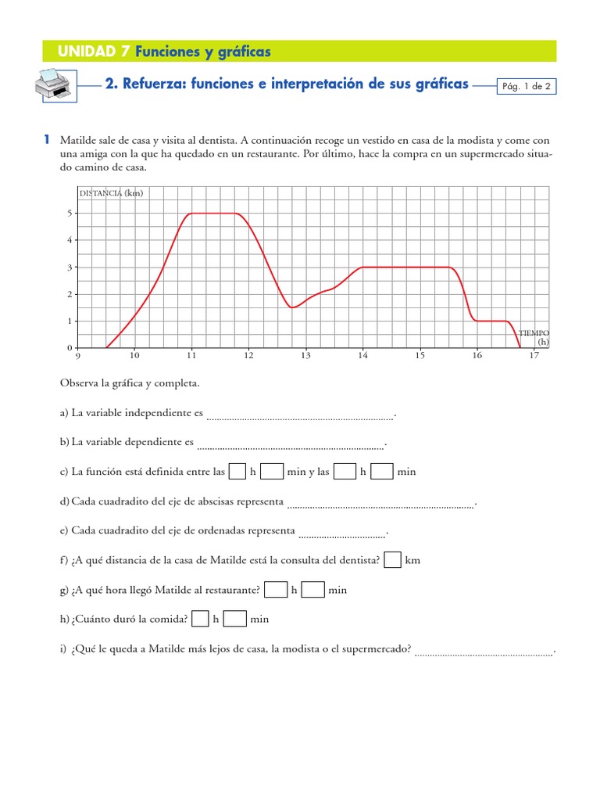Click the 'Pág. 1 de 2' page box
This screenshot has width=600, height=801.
[x=527, y=87]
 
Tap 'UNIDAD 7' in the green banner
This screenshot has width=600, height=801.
[x=94, y=52]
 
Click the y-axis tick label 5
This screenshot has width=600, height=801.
[x=70, y=213]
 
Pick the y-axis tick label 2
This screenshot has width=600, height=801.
[x=70, y=294]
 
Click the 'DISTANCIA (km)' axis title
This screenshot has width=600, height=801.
[x=111, y=193]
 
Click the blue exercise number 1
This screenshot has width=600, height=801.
[x=47, y=139]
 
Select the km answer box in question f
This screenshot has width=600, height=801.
[x=394, y=560]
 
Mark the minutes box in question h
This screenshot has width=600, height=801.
[x=235, y=619]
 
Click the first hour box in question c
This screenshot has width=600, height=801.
[x=237, y=472]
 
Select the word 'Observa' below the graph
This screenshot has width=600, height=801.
[x=77, y=383]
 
